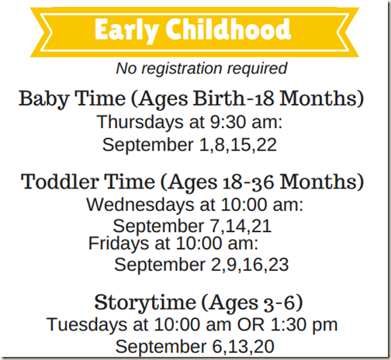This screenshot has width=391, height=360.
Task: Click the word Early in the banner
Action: tap(126, 29)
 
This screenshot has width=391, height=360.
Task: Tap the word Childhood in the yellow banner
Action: tap(228, 29)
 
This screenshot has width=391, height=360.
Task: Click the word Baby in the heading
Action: tap(43, 99)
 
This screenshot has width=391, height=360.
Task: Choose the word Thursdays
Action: tap(140, 122)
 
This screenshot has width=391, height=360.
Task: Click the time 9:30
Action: tap(228, 122)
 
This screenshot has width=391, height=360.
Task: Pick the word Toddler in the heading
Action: tap(60, 182)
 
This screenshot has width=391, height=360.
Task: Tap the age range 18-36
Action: tap(247, 182)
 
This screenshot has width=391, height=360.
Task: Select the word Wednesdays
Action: tap(140, 205)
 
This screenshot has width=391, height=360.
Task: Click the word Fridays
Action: tap(119, 244)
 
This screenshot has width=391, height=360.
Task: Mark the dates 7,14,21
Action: tap(240, 227)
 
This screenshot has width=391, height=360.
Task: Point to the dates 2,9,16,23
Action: tap(250, 265)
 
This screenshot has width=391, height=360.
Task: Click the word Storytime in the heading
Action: tap(145, 303)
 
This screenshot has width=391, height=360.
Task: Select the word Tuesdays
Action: tap(87, 324)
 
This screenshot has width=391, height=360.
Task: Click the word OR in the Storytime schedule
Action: tap(251, 324)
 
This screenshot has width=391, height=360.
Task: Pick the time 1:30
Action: tap(289, 324)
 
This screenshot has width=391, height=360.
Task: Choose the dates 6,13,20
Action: tap(244, 347)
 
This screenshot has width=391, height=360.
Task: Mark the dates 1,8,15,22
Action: tap(238, 145)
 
